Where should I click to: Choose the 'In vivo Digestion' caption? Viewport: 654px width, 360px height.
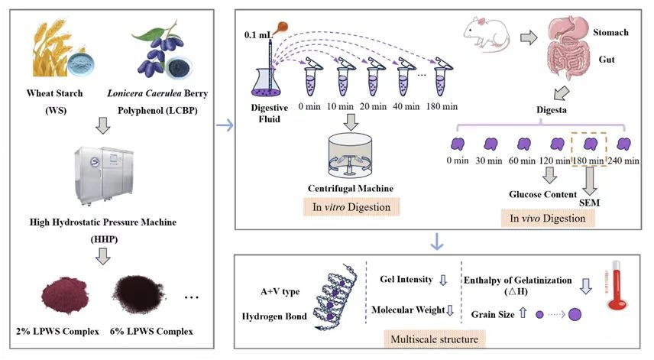(x=547, y=219)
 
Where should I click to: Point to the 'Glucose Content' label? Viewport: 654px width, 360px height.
(x=543, y=194)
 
